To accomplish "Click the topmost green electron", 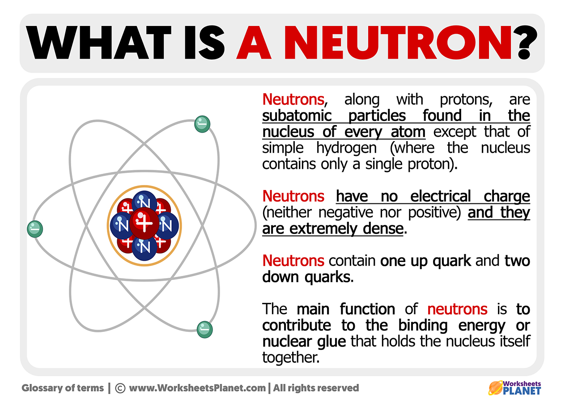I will click(202, 124).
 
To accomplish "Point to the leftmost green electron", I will click(34, 229).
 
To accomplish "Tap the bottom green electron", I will click(204, 329).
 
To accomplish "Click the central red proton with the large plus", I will click(144, 223).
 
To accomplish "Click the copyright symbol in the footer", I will click(120, 388).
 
